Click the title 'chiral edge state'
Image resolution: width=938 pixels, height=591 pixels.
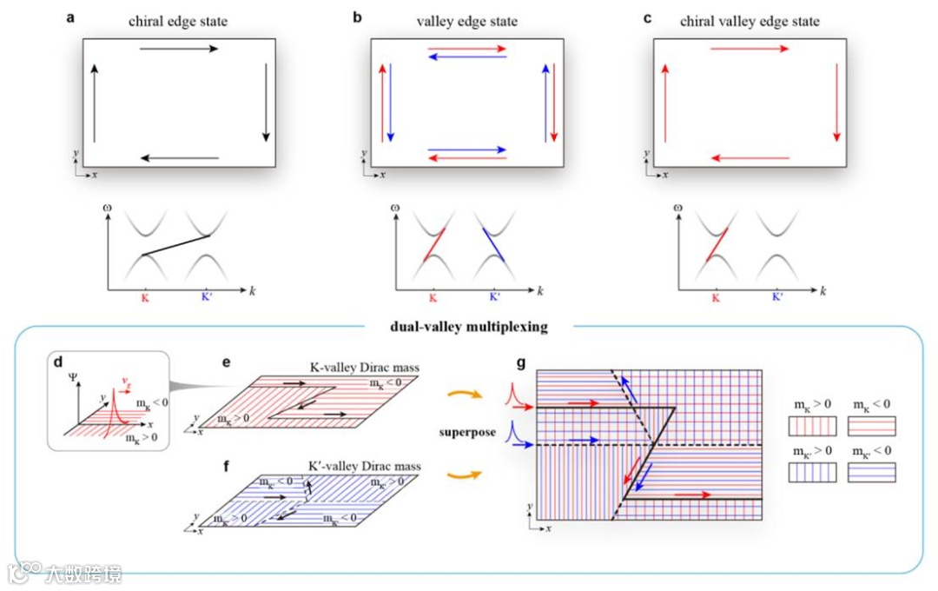[178, 21]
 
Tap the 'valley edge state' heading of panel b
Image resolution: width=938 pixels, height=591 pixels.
[466, 21]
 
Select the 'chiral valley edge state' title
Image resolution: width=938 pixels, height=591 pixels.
[749, 21]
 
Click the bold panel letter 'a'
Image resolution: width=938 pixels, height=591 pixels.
[71, 17]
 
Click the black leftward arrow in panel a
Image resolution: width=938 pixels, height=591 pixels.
[179, 158]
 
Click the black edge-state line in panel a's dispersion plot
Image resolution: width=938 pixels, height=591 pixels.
[176, 245]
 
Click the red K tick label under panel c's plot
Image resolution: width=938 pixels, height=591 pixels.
[716, 297]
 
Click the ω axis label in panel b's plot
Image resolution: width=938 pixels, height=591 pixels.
[395, 208]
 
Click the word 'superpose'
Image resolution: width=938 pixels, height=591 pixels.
[467, 432]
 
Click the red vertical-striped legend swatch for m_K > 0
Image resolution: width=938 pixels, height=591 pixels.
[812, 426]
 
